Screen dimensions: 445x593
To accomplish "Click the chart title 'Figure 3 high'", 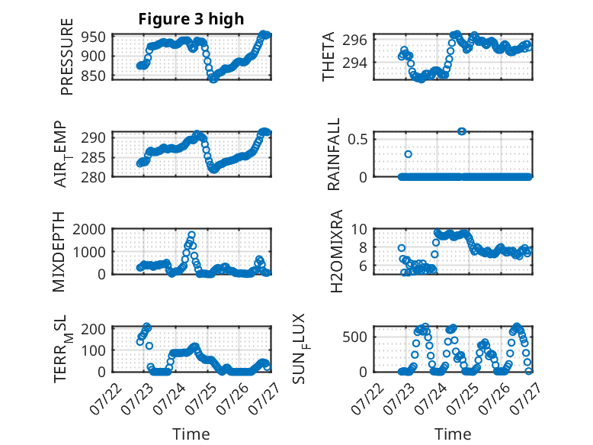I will (x=191, y=19).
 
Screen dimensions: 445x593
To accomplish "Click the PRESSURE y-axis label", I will (x=67, y=63).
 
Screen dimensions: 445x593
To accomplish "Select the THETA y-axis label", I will (x=329, y=56).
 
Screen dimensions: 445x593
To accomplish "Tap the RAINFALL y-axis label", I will (x=334, y=155).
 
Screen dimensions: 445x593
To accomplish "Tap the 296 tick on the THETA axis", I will (x=360, y=40).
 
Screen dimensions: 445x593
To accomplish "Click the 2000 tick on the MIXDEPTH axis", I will (x=93, y=229).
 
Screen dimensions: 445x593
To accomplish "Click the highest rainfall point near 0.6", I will (x=462, y=131).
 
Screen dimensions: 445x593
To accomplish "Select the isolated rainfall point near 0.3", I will (x=409, y=154).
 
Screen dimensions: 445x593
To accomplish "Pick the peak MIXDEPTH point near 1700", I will (x=191, y=234).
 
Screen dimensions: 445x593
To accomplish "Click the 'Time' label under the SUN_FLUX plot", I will (x=453, y=434).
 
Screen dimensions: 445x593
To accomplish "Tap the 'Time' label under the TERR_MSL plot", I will (x=191, y=434).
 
